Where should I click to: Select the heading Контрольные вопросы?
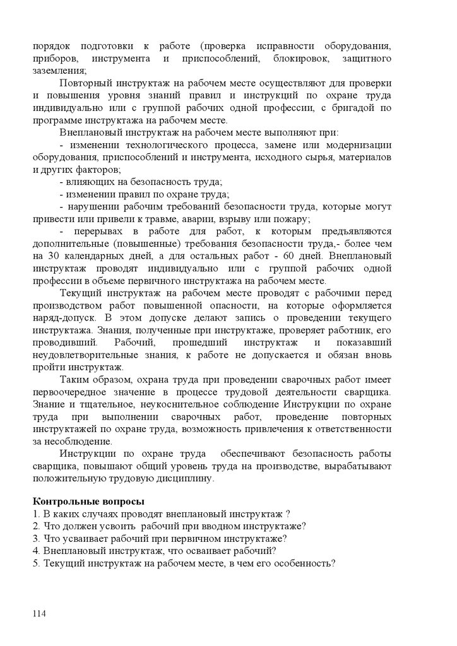[x=88, y=502]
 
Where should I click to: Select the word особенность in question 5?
[x=299, y=563]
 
